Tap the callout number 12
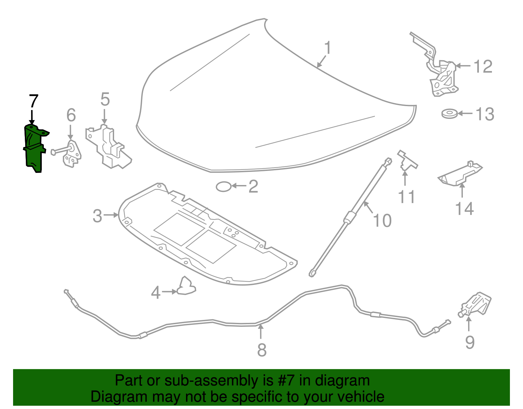click(483, 67)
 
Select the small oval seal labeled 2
click(224, 187)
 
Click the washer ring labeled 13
click(449, 114)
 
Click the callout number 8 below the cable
click(262, 350)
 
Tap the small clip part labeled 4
click(186, 286)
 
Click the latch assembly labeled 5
click(110, 147)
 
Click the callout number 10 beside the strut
click(382, 220)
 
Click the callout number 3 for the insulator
click(97, 216)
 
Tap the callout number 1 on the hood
click(328, 48)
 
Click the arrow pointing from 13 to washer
click(465, 114)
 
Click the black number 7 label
click(34, 101)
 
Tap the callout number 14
click(464, 209)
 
